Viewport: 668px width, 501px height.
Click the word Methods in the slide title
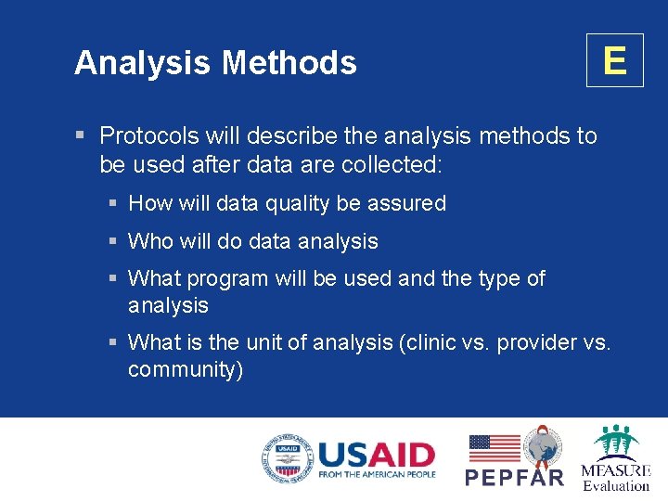pyautogui.click(x=289, y=63)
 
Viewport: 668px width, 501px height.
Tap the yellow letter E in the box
pyautogui.click(x=614, y=60)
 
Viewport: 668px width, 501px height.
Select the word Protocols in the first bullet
pyautogui.click(x=149, y=135)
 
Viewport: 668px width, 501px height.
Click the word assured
pyautogui.click(x=405, y=203)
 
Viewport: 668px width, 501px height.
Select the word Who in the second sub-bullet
pyautogui.click(x=150, y=241)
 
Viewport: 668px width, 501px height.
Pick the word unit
pyautogui.click(x=264, y=342)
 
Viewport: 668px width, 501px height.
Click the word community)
pyautogui.click(x=186, y=369)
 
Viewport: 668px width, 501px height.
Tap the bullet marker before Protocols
pyautogui.click(x=81, y=135)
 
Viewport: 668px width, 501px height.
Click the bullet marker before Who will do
pyautogui.click(x=112, y=241)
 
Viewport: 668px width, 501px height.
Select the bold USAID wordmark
pyautogui.click(x=377, y=455)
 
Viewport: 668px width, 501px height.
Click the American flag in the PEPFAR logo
pyautogui.click(x=494, y=448)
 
